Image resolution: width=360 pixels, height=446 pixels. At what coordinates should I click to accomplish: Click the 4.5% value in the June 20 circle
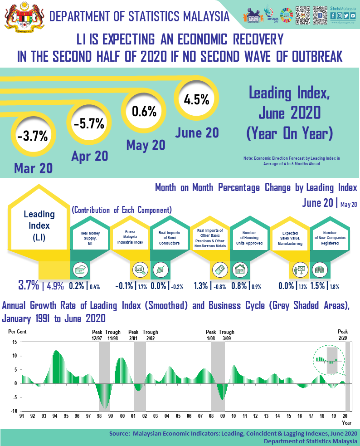(196, 99)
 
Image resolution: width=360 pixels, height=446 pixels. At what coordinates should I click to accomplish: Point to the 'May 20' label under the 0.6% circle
(146, 145)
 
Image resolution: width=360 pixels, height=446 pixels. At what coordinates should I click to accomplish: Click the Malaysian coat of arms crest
(22, 16)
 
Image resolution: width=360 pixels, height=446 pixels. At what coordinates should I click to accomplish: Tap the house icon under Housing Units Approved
(239, 269)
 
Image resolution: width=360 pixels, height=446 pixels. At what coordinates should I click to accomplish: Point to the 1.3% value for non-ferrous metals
(200, 286)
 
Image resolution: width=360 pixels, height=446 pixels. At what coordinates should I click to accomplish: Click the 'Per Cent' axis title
(17, 332)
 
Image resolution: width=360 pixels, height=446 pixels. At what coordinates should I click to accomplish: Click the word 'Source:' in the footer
(120, 434)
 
